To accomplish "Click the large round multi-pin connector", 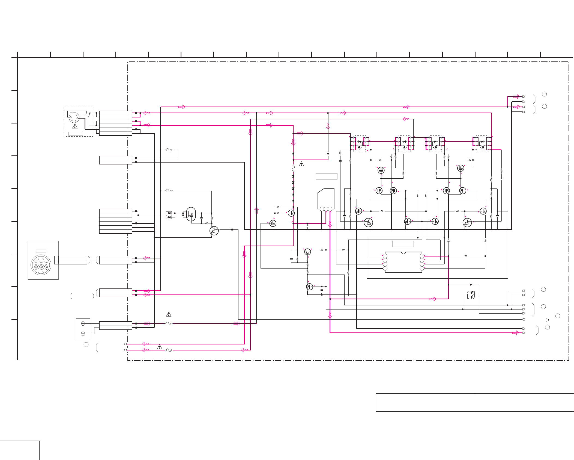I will [41, 265].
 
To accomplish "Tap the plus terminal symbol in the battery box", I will [83, 324].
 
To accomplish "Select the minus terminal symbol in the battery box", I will [83, 334].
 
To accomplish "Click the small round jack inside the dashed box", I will [74, 117].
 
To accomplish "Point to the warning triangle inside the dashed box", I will [75, 126].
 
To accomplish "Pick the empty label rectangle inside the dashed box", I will [76, 134].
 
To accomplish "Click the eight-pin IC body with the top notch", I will [403, 262].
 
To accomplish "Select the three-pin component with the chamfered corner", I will [326, 199].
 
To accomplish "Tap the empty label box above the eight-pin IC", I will [403, 244].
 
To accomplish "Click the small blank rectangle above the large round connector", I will [41, 251].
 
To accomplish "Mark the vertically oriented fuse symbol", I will [293, 168].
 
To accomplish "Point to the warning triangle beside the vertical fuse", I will [301, 164].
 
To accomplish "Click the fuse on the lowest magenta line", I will [169, 350].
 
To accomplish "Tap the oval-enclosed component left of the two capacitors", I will [191, 214].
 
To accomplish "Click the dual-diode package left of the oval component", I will [169, 215].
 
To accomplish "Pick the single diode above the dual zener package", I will [471, 285].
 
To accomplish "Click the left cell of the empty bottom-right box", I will [425, 402].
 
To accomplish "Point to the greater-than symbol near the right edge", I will [547, 320].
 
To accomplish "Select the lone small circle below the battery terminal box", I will [86, 345].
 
